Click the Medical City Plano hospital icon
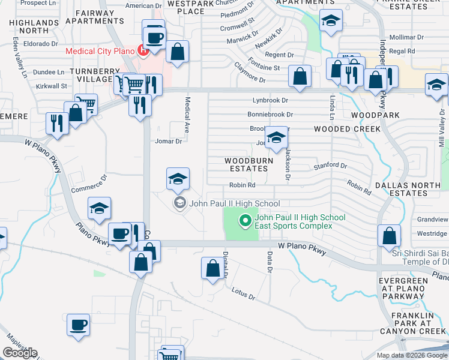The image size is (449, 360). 143,50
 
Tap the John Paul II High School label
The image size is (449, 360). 234,203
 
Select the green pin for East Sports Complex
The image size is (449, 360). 245,221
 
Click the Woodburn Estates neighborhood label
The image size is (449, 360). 249,164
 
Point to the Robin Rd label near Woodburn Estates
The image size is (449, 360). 243,185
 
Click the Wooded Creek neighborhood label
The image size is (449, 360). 346,129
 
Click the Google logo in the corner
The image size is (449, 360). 20,353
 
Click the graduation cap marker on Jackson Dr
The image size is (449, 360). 276,139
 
